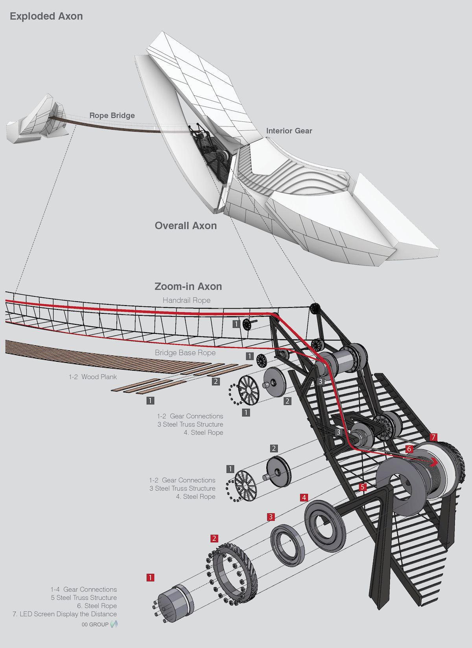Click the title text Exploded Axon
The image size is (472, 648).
(46, 16)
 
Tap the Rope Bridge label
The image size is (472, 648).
(112, 115)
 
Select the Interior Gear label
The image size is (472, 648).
(289, 131)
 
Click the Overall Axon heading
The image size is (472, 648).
(186, 226)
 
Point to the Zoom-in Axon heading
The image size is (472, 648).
(188, 286)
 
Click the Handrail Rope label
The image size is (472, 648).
(186, 300)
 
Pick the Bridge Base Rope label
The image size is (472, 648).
(185, 353)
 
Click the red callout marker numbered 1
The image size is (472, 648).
(150, 577)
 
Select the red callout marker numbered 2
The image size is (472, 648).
(214, 538)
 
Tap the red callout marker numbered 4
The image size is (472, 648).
(304, 498)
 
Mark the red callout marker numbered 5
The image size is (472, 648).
(363, 487)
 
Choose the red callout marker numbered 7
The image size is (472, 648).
(433, 437)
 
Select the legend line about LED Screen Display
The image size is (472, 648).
(65, 614)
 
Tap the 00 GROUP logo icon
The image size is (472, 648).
(114, 624)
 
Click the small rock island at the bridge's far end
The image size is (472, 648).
(37, 120)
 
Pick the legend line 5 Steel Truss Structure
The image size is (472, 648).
(84, 598)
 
